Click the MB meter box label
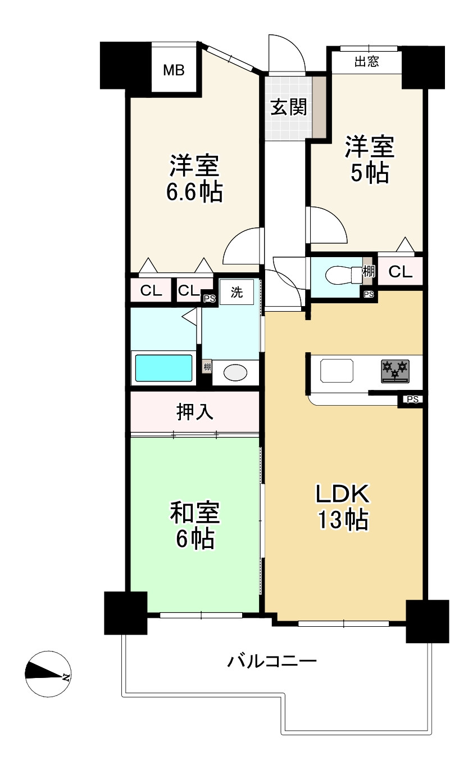click(174, 70)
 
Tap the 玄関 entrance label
click(288, 107)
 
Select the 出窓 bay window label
click(367, 62)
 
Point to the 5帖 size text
click(370, 173)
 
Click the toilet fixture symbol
click(343, 275)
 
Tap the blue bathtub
click(163, 368)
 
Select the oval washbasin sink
click(235, 372)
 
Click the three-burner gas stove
click(396, 371)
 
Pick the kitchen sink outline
click(337, 370)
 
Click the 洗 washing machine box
click(237, 292)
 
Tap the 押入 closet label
click(194, 412)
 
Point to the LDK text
click(342, 494)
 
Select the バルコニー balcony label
click(272, 661)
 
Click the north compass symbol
click(48, 674)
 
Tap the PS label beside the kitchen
click(413, 399)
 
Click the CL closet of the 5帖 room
click(400, 272)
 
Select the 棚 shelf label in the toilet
click(369, 271)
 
